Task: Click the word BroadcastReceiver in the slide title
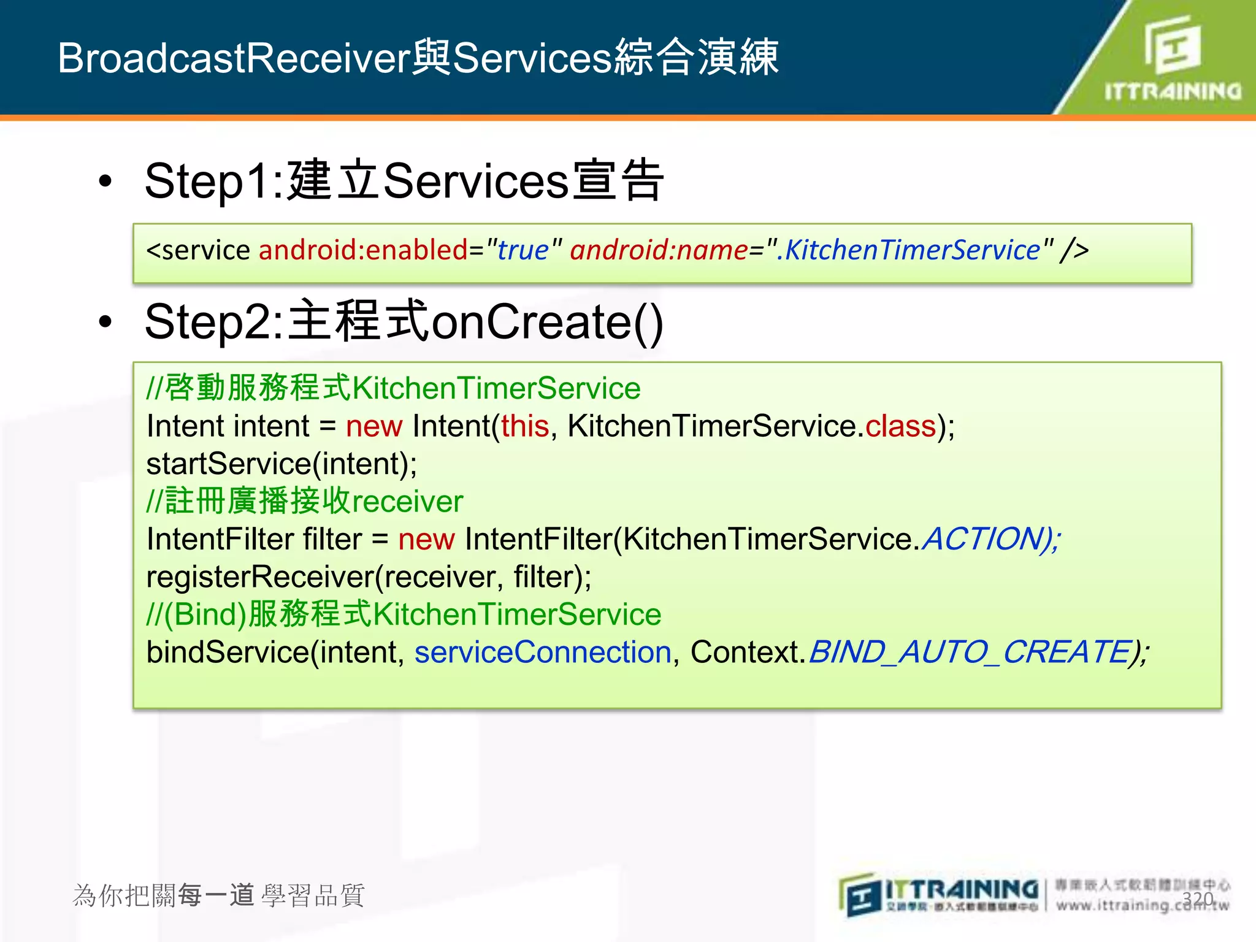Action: (x=234, y=58)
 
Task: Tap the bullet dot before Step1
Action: (x=105, y=182)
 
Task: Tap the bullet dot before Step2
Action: (x=105, y=323)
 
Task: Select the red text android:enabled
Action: (x=363, y=250)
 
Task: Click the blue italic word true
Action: (x=523, y=250)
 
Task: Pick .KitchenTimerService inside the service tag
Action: (x=908, y=250)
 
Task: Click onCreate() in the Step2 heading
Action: (x=547, y=323)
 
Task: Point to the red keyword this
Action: (x=524, y=426)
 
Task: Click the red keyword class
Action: (x=900, y=426)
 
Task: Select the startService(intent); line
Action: (x=281, y=464)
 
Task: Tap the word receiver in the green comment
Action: (x=407, y=502)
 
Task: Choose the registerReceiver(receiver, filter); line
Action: (x=369, y=577)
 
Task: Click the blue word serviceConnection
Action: (x=543, y=652)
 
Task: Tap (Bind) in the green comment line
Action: (x=205, y=615)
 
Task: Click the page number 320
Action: (x=1197, y=899)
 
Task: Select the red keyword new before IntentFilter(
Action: (x=426, y=539)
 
